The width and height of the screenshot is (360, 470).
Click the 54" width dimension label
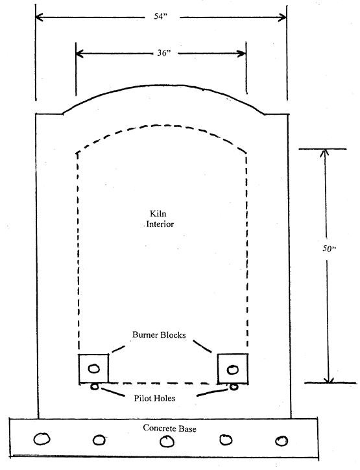tap(160, 16)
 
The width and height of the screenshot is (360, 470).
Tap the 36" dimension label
tap(164, 53)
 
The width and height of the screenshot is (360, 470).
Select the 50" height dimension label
tap(329, 248)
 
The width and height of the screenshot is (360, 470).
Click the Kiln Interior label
tap(160, 219)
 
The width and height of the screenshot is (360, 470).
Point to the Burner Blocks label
tap(159, 335)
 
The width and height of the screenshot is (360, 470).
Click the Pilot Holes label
tap(154, 398)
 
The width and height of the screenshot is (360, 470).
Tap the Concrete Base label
tap(169, 428)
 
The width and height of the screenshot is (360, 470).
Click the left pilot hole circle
tap(94, 386)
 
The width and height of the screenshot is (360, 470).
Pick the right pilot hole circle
tap(234, 387)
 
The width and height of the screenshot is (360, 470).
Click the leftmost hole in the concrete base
tap(42, 439)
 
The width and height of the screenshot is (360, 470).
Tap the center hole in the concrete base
tap(167, 441)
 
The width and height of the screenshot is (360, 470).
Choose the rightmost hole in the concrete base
tap(282, 441)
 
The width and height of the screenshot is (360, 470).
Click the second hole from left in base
tap(99, 440)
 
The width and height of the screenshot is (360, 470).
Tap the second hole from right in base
tap(226, 440)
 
